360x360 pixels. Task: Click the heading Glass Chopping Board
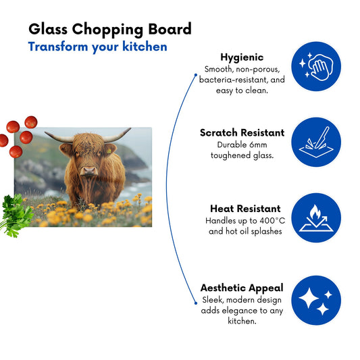[x=110, y=30]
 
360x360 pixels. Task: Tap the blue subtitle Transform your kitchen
[x=97, y=47]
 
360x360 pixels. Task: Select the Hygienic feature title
[x=242, y=57]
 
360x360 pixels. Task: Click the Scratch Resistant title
[x=242, y=132]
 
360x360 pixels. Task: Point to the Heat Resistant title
[x=245, y=209]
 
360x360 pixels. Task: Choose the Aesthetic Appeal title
[x=242, y=288]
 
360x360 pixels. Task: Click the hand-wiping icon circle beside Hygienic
[x=316, y=66]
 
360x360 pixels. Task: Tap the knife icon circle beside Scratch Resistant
[x=316, y=142]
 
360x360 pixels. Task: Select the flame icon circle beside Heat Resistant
[x=316, y=217]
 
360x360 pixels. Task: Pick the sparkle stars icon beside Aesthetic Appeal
[x=316, y=301]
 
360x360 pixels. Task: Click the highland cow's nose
[x=89, y=171]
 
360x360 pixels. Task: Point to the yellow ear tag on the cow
[x=109, y=151]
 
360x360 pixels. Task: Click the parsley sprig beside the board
[x=16, y=215]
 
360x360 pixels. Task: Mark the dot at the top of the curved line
[x=196, y=75]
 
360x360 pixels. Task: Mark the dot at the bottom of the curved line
[x=196, y=303]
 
